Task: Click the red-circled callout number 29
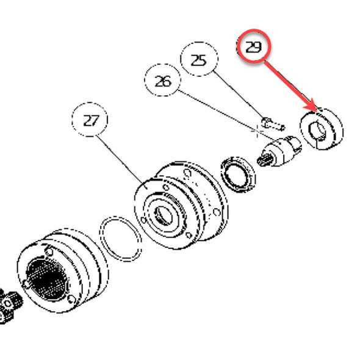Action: coord(253,46)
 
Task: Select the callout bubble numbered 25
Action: coord(199,61)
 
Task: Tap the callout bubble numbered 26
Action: coord(163,81)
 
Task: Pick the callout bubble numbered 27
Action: coord(90,121)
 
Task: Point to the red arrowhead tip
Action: coord(317,110)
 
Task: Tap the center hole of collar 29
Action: coord(317,129)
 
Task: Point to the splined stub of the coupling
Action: coord(265,161)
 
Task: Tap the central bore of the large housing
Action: coord(164,214)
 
